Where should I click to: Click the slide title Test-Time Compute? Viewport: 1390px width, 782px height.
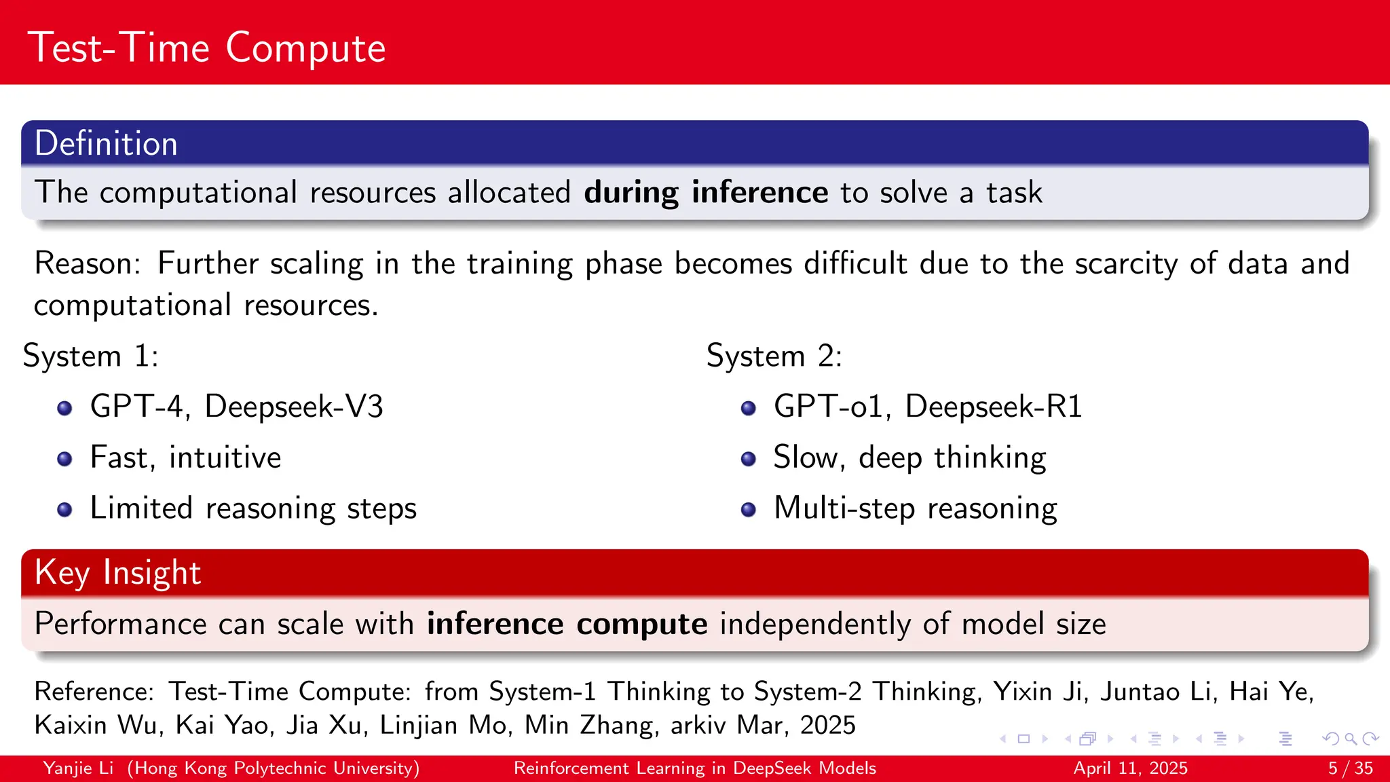206,48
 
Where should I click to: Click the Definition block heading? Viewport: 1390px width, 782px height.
106,144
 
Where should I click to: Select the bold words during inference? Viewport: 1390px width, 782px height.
705,193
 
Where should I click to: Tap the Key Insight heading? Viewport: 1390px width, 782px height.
117,572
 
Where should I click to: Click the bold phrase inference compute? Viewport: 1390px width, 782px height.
567,624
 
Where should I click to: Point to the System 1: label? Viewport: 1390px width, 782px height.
90,356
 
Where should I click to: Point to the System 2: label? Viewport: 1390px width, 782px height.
774,356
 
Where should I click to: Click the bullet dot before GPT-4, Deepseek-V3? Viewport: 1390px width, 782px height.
64,408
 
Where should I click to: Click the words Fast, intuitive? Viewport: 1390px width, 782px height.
185,458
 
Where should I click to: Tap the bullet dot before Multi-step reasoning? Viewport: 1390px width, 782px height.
748,510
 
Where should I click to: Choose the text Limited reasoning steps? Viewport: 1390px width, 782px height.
253,508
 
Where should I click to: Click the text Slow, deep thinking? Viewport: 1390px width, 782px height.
909,458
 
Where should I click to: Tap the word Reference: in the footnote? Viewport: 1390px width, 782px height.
94,692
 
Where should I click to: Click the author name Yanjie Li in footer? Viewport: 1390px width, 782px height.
78,768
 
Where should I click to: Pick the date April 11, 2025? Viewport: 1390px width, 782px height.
1130,768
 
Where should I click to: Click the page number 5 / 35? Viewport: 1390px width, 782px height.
1350,768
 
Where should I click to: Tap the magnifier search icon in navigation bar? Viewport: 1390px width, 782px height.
1351,739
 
